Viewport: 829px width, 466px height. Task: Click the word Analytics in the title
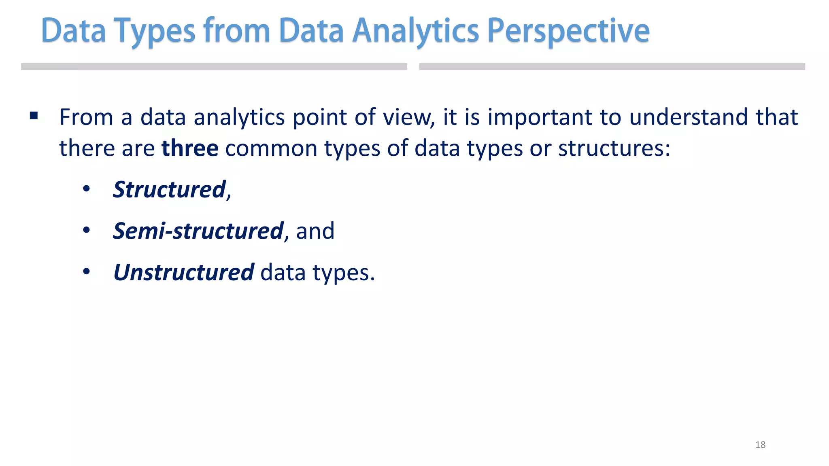click(x=415, y=31)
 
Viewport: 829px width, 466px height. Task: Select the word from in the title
click(x=237, y=31)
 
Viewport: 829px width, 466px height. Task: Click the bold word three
click(x=190, y=148)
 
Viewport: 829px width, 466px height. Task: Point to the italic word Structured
click(x=169, y=189)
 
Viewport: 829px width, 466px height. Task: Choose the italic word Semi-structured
click(x=198, y=231)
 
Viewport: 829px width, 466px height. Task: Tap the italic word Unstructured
click(x=184, y=272)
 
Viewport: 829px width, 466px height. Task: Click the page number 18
click(x=760, y=445)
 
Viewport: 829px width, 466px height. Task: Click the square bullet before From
click(x=34, y=116)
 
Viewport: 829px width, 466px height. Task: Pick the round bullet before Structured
click(x=86, y=189)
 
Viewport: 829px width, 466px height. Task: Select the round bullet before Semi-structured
click(x=86, y=231)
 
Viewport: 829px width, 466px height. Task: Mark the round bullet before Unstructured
click(x=86, y=272)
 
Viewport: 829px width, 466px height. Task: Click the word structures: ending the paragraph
click(x=614, y=148)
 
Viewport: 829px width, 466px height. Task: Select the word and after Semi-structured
click(x=315, y=231)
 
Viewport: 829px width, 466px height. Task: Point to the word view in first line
click(x=408, y=117)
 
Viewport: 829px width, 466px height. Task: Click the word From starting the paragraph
click(x=86, y=117)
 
